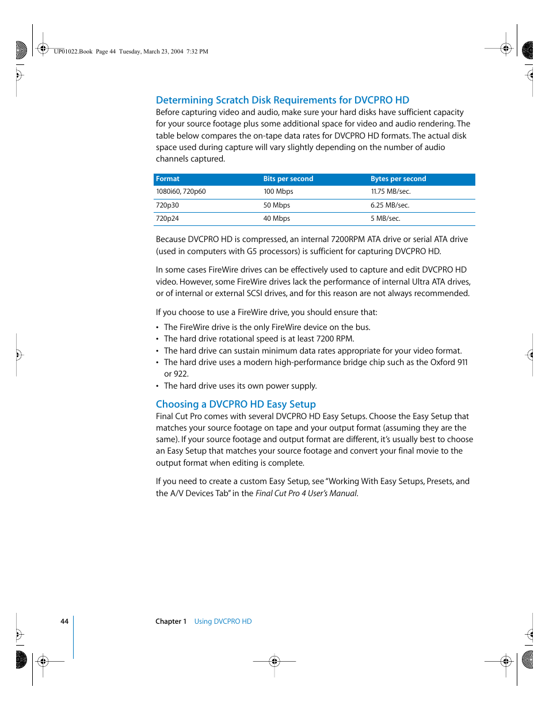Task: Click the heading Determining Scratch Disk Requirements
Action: coord(282,100)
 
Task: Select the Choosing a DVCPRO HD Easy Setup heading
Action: coord(235,404)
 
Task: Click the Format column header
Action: coord(167,179)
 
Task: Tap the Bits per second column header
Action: coord(288,179)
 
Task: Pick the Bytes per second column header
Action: coord(398,179)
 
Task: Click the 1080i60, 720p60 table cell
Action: coord(181,191)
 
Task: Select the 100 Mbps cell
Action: coord(278,191)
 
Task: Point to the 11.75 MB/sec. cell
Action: coord(390,191)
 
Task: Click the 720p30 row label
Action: coord(167,205)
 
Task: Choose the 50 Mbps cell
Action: coord(276,205)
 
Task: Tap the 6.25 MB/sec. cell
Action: coord(390,205)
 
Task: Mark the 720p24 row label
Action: coord(167,218)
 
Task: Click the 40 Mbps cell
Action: coord(276,218)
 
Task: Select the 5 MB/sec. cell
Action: coord(385,218)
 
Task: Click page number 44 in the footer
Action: coord(64,621)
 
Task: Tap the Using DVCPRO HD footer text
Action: coord(223,621)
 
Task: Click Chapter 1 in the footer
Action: coord(171,621)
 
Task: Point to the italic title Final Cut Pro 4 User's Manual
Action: coord(306,493)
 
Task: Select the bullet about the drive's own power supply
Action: coord(240,386)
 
